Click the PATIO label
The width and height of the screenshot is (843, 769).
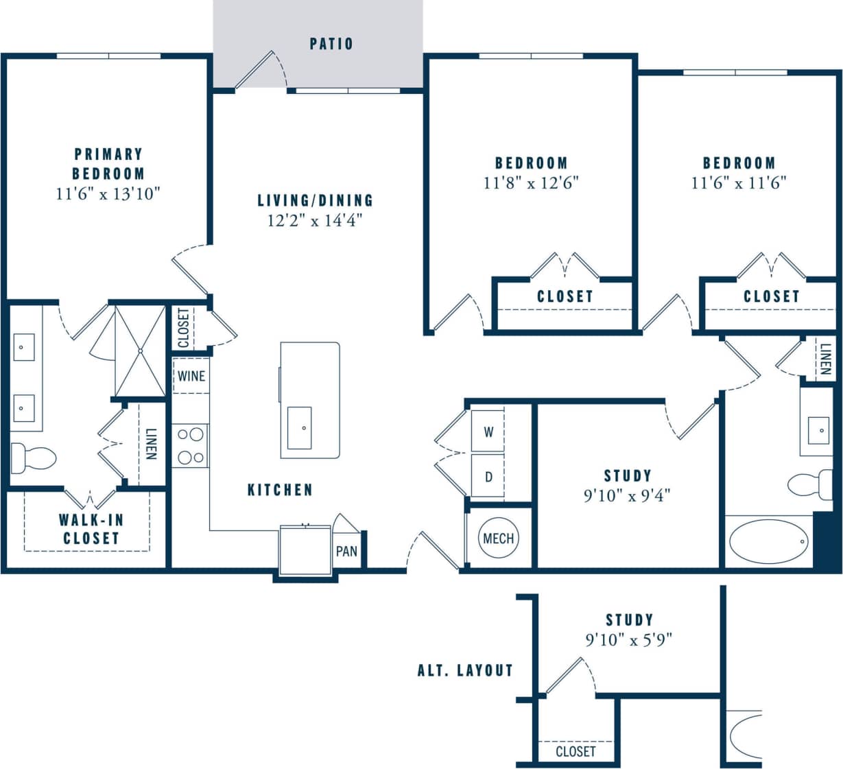point(331,44)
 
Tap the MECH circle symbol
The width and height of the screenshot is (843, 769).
point(498,539)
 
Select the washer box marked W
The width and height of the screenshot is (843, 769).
point(488,431)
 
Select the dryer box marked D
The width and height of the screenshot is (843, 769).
point(488,476)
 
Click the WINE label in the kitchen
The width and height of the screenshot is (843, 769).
point(191,376)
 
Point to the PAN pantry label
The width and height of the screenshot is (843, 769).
point(346,551)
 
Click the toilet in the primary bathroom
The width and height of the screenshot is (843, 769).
point(33,458)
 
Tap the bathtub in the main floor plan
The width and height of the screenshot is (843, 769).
point(768,541)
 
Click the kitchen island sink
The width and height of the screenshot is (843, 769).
point(299,427)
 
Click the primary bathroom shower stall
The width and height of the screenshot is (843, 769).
point(140,351)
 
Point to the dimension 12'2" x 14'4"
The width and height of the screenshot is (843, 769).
point(315,220)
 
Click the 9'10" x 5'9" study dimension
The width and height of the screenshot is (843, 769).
point(628,639)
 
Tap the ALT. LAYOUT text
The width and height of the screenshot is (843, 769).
point(465,670)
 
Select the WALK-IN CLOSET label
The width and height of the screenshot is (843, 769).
point(91,529)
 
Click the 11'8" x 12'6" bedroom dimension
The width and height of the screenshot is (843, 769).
point(532,182)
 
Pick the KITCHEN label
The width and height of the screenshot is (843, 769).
point(280,490)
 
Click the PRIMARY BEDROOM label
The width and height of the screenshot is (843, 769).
point(108,163)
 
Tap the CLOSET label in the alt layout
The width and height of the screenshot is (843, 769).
point(575,751)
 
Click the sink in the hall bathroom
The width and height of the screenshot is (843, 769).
point(819,430)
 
